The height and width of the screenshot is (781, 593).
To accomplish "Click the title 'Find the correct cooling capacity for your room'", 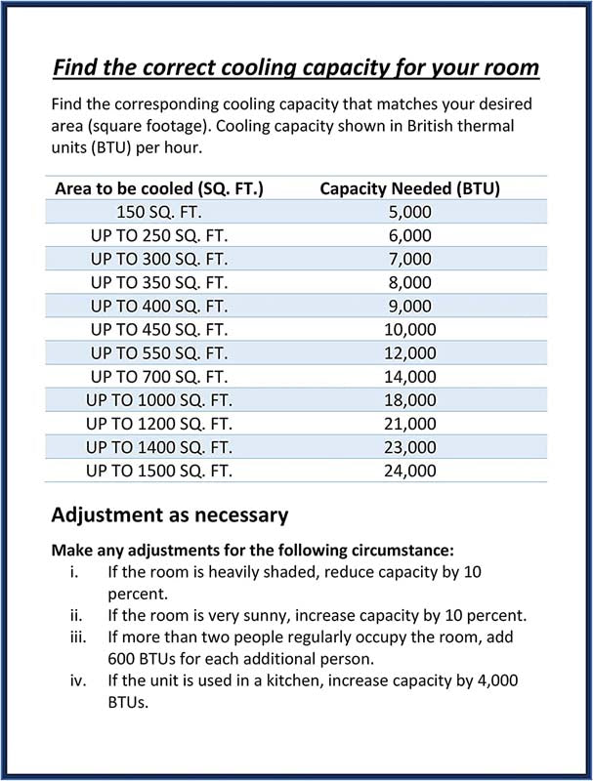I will pos(295,68).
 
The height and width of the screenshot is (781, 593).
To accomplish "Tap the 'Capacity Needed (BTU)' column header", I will pos(409,188).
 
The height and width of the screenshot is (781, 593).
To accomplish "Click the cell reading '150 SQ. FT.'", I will pos(158,212).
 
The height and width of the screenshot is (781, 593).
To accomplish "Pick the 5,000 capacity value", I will pos(409,212).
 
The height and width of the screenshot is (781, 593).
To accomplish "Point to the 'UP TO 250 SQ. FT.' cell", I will pos(158,235).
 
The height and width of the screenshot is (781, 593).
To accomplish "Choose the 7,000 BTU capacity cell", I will pos(409,259).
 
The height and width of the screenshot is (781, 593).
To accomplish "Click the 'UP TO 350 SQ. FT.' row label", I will pos(158,282).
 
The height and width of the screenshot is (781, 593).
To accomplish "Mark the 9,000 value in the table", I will pos(409,306).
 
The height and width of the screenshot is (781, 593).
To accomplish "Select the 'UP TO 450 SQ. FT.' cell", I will pos(158,329).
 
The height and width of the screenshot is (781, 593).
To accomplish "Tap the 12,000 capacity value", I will pos(409,352).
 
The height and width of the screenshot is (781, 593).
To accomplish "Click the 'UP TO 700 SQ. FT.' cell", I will pos(158,376).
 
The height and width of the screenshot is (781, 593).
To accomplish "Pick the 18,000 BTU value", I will pos(409,399).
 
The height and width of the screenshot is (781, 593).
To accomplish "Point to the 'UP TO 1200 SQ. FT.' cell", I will pos(158,423).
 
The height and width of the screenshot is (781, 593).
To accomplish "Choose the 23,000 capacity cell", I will pos(409,447).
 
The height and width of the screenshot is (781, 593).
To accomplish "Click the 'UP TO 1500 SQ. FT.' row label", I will pos(158,471).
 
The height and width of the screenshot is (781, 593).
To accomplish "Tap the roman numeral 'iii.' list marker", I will pos(76,638).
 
